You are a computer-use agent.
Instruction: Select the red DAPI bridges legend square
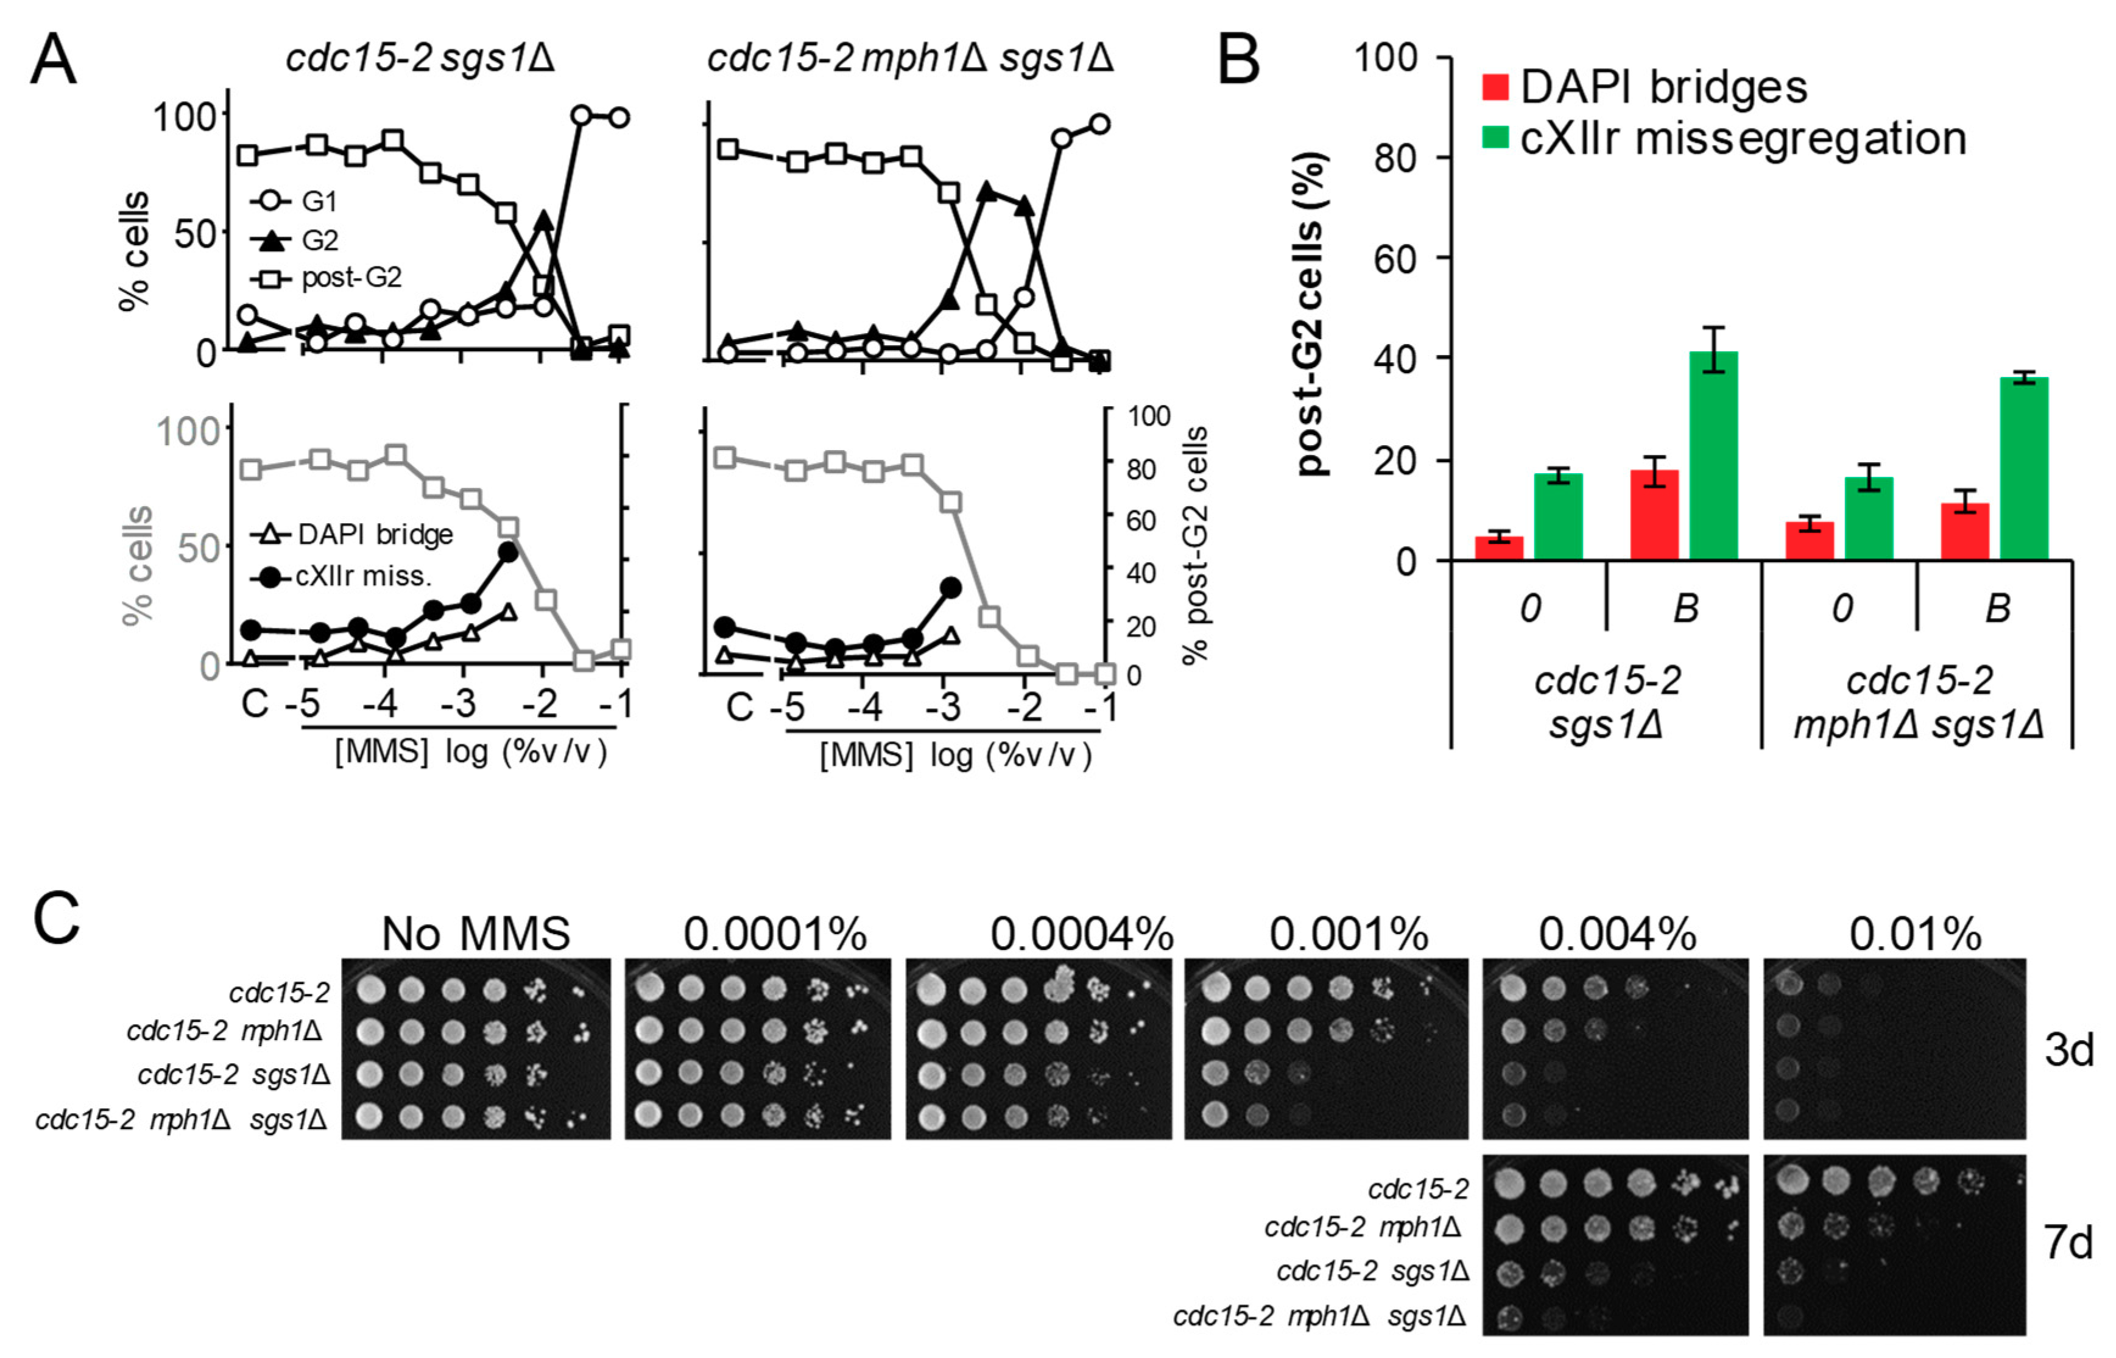[1496, 87]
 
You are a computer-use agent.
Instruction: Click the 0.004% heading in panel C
[1617, 934]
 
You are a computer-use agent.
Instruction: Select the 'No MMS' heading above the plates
[476, 934]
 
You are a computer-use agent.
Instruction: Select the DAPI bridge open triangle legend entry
[353, 535]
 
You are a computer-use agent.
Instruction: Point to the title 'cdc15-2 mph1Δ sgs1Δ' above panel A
[909, 59]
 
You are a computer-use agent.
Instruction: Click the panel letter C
[57, 919]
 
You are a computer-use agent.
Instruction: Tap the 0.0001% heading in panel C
[774, 934]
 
